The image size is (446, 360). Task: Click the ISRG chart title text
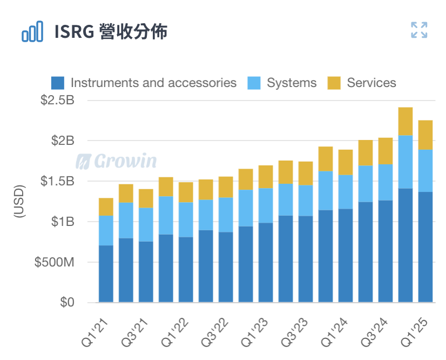[x=111, y=32]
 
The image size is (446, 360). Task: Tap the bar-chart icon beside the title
[x=32, y=32]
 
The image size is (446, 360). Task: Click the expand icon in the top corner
[x=419, y=30]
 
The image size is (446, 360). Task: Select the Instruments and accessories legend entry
[x=153, y=83]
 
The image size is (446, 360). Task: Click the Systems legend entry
[x=292, y=83]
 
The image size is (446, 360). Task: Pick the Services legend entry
[x=371, y=83]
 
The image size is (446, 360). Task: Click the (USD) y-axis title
[x=19, y=201]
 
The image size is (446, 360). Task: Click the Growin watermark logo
[x=116, y=161]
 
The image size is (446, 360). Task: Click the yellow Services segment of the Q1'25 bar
[x=425, y=135]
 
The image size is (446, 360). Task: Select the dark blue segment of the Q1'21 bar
[x=106, y=274]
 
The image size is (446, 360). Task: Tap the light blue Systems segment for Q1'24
[x=346, y=192]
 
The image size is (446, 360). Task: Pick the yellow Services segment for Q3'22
[x=226, y=187]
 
